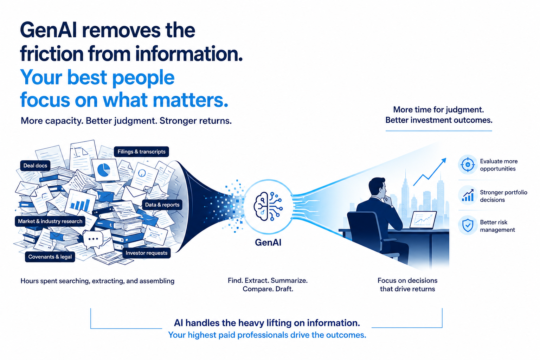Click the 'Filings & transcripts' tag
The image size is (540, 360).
[141, 152]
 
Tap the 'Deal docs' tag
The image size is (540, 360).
[35, 166]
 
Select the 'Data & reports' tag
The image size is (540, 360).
[162, 205]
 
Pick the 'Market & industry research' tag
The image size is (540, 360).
[50, 221]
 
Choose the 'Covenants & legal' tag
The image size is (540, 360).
[50, 257]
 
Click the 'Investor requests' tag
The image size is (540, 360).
[146, 253]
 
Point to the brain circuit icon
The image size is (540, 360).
[268, 206]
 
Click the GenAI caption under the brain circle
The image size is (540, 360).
[268, 242]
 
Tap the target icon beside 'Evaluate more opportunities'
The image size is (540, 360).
[468, 165]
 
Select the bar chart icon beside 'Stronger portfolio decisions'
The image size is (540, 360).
[468, 195]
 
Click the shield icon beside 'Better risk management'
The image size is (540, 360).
[468, 225]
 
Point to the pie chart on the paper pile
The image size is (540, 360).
[104, 170]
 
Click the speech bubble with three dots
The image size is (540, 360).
[93, 239]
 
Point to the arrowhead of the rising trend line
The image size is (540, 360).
[444, 160]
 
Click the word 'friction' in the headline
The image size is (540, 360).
[51, 53]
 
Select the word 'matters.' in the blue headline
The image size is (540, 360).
[191, 100]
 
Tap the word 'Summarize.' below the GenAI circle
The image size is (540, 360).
[289, 281]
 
